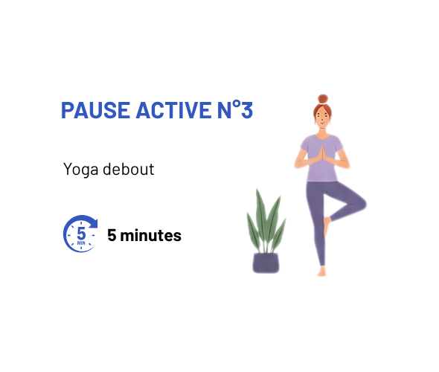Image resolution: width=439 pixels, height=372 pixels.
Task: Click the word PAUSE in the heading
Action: (95, 110)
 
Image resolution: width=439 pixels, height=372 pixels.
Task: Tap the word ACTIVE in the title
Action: (174, 110)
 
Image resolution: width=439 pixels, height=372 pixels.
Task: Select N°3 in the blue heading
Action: (235, 109)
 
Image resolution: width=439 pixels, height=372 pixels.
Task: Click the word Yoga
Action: (80, 170)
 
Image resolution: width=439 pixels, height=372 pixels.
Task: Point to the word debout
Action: (129, 169)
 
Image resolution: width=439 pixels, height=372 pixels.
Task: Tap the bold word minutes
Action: (150, 235)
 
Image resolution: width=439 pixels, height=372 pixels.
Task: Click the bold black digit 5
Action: (112, 235)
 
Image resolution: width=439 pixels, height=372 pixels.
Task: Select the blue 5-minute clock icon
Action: (80, 234)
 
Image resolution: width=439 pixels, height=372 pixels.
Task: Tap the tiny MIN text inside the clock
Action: (81, 243)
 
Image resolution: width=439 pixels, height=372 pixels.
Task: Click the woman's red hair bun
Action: (323, 99)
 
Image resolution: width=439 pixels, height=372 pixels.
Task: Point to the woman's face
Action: (323, 118)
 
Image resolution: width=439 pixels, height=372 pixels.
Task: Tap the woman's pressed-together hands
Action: (322, 154)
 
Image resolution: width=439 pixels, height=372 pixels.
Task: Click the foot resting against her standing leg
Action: (327, 226)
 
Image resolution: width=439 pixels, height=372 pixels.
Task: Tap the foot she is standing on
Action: (321, 272)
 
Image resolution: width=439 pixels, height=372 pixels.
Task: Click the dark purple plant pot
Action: (266, 263)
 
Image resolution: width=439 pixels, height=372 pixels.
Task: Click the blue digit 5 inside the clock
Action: (81, 233)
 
